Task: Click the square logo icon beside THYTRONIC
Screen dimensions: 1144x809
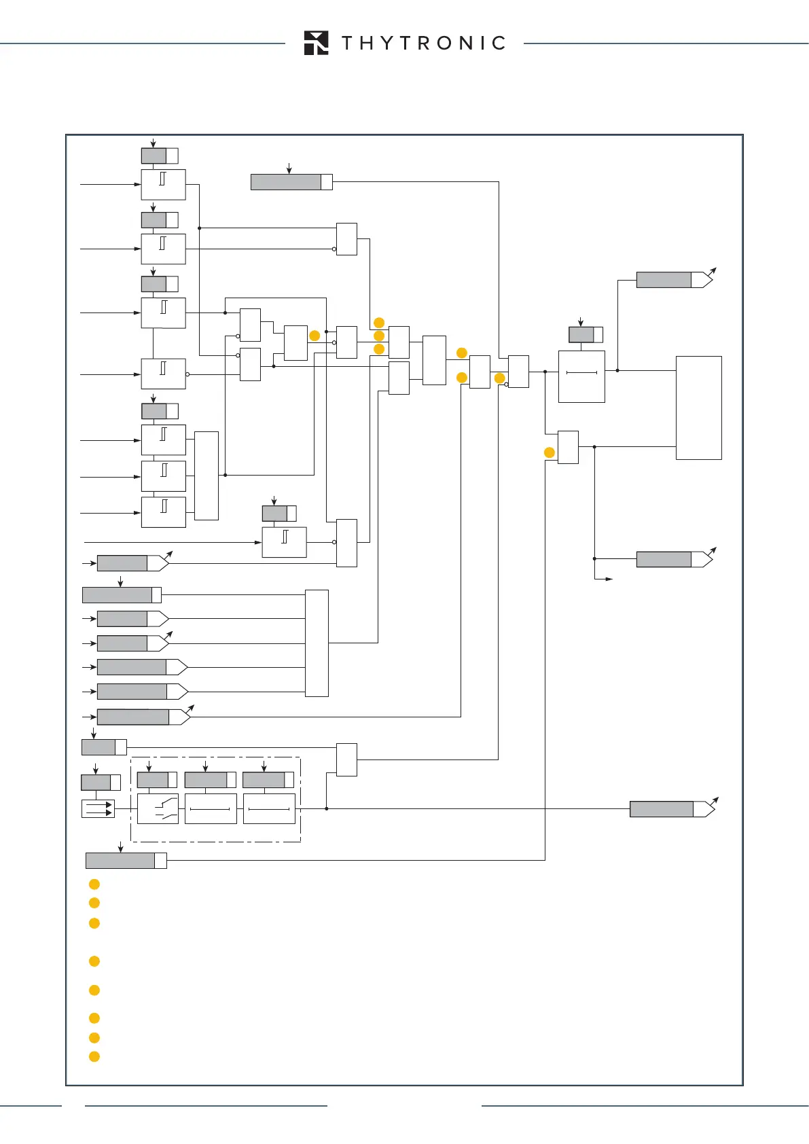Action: click(x=317, y=43)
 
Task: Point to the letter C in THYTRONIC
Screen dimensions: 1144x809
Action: click(x=499, y=43)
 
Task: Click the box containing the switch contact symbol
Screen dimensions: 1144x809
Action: click(x=158, y=808)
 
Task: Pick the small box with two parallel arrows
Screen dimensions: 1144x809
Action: click(x=98, y=808)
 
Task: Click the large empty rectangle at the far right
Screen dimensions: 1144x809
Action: click(x=698, y=408)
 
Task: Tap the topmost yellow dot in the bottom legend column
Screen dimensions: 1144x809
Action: click(x=94, y=884)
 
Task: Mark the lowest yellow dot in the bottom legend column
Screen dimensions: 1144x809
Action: click(x=94, y=1056)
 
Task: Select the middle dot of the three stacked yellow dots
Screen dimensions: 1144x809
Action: click(x=379, y=336)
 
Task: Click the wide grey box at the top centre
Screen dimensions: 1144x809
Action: click(x=286, y=182)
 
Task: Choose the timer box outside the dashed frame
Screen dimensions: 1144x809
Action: click(x=581, y=376)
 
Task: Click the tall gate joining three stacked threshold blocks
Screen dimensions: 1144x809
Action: click(x=206, y=476)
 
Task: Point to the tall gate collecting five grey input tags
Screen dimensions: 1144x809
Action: click(x=317, y=643)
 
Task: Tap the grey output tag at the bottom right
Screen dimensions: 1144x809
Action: click(x=662, y=809)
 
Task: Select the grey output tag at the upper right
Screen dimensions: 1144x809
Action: click(x=664, y=280)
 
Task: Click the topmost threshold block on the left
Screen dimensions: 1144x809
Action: click(x=163, y=185)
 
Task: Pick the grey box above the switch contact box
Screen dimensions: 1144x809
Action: click(x=153, y=780)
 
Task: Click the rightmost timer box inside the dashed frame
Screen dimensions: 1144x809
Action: click(x=269, y=808)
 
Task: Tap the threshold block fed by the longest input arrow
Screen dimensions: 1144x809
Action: click(x=284, y=542)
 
